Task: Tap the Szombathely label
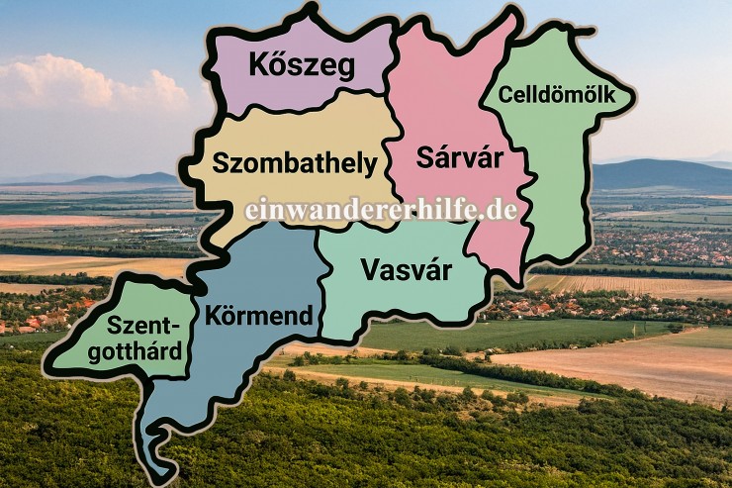click(296, 162)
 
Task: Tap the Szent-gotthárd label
click(144, 340)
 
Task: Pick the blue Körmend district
click(237, 376)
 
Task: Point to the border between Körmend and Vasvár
click(320, 287)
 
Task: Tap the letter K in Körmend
click(214, 317)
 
